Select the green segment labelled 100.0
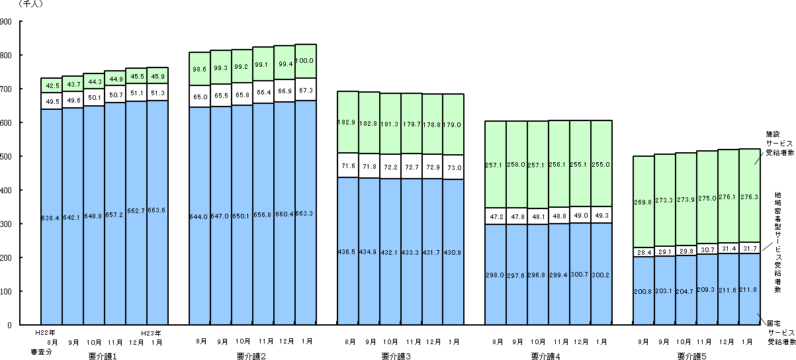tap(305, 61)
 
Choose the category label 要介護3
tap(396, 356)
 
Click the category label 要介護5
tap(691, 356)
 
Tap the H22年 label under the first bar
tap(45, 332)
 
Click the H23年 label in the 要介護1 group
tap(152, 332)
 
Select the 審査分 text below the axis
tap(45, 351)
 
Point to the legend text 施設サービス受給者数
tap(779, 142)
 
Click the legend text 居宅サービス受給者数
tap(779, 333)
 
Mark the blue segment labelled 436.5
tap(347, 251)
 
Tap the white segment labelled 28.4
tap(643, 252)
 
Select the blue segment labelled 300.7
tap(580, 275)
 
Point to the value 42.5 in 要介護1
tap(51, 85)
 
